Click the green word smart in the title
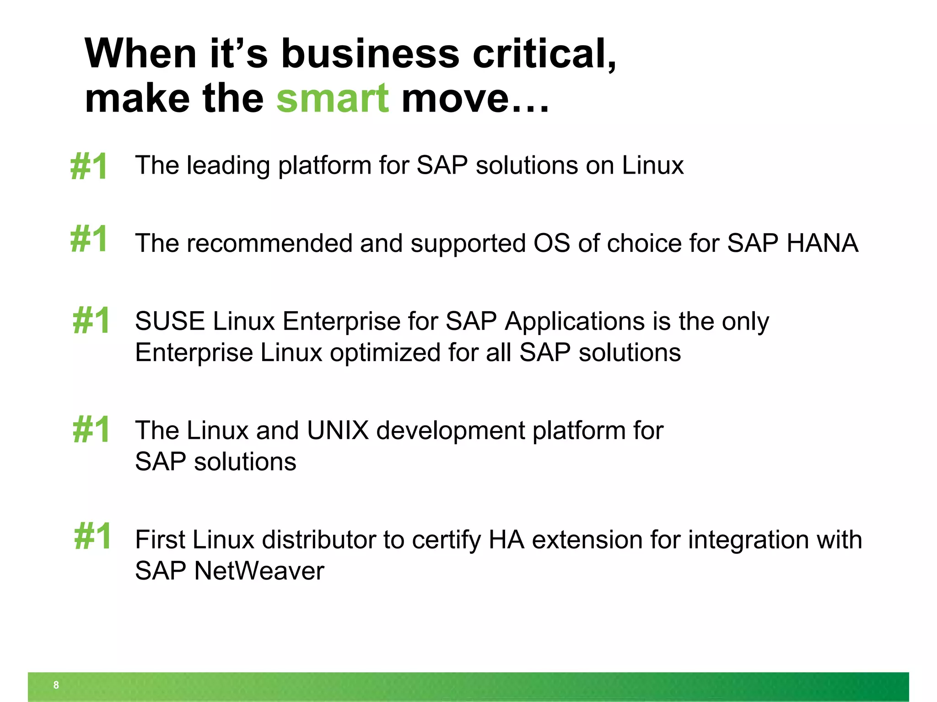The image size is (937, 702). coord(333,99)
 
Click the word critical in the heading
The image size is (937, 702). coord(544,54)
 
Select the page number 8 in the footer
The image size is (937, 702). coord(56,685)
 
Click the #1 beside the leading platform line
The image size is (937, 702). coord(89,166)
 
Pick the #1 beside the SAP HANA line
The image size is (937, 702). coord(89,239)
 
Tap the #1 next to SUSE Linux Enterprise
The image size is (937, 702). coord(91,320)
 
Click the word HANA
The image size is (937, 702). coord(822,243)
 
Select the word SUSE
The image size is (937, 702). coord(170,321)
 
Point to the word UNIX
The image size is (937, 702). coord(338,431)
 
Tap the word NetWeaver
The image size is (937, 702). coord(259,571)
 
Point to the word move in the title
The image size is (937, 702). coord(455,99)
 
